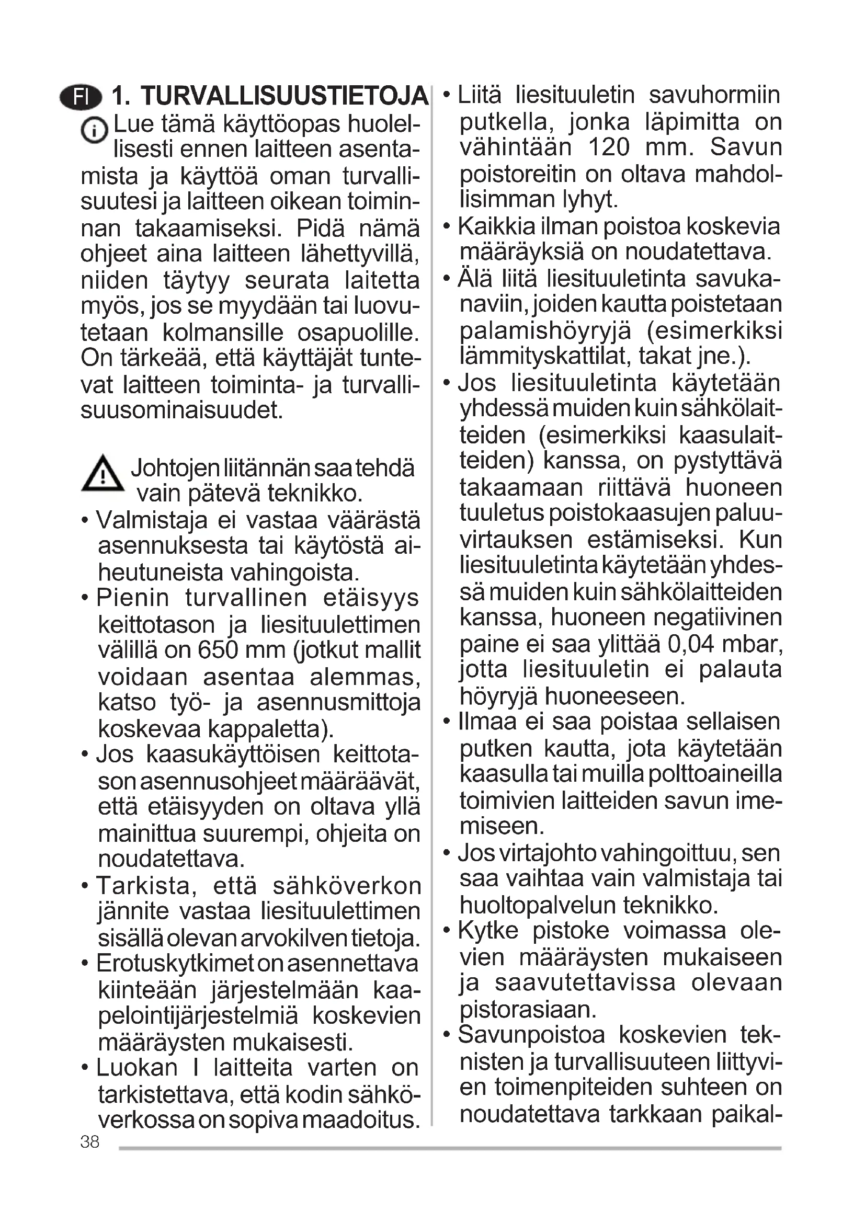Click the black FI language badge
click(x=81, y=97)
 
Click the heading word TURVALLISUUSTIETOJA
click(x=284, y=96)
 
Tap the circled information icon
click(x=94, y=131)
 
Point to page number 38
click(x=90, y=1141)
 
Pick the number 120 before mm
click(x=609, y=147)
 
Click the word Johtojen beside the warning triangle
click(x=175, y=468)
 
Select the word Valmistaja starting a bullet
click(x=152, y=520)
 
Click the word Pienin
click(x=133, y=598)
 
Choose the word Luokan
click(x=136, y=1068)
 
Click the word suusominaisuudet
click(x=181, y=410)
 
